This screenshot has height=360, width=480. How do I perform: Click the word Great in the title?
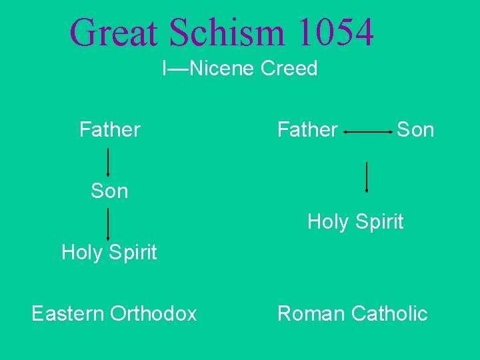(114, 32)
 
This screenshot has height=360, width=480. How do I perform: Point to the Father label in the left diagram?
(109, 129)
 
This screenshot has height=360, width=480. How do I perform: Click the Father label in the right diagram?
(307, 129)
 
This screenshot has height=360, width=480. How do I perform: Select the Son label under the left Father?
(109, 191)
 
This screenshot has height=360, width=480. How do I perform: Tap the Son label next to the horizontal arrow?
(415, 129)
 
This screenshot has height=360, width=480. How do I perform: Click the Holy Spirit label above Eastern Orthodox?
(109, 252)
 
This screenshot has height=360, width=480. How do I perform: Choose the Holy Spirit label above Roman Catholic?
(355, 221)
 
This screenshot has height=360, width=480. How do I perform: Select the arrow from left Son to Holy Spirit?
(109, 224)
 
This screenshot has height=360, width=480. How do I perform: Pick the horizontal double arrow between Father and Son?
(368, 133)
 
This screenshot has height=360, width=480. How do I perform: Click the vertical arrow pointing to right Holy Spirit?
(367, 177)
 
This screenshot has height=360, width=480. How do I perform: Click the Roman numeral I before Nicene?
(165, 68)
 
